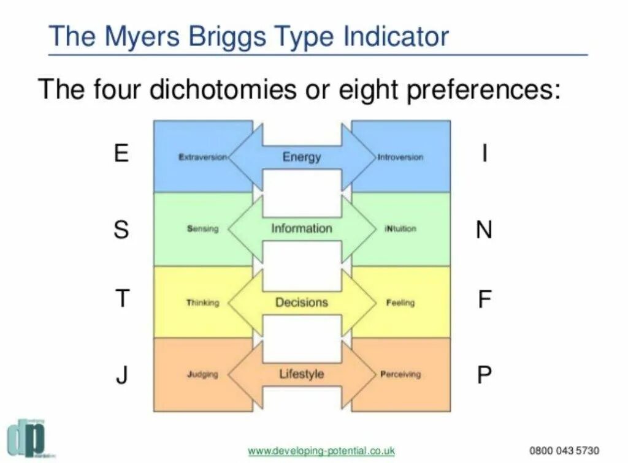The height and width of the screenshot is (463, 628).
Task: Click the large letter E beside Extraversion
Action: [121, 152]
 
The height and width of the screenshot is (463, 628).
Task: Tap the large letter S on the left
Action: [121, 230]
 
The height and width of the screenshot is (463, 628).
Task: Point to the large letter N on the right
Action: [484, 230]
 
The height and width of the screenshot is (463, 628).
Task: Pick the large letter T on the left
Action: [123, 299]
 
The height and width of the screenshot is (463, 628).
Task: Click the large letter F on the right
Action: [484, 300]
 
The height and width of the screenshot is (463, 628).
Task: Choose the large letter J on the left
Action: [122, 374]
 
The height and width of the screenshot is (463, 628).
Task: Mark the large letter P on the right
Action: [484, 374]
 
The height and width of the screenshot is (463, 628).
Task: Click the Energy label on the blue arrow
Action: [302, 157]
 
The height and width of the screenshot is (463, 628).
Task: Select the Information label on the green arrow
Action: [302, 228]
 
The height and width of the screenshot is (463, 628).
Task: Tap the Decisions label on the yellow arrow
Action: [302, 302]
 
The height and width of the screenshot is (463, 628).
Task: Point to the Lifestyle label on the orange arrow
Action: [302, 374]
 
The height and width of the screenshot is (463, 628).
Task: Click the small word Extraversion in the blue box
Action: [203, 157]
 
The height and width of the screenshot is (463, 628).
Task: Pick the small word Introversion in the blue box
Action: [400, 157]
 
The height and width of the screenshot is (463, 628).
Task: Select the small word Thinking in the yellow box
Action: [202, 303]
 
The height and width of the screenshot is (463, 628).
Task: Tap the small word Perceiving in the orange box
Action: [400, 374]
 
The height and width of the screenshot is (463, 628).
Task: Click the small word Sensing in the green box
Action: [202, 229]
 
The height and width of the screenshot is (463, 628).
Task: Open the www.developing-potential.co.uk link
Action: [321, 450]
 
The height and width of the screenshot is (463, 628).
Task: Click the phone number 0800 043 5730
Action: [564, 450]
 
